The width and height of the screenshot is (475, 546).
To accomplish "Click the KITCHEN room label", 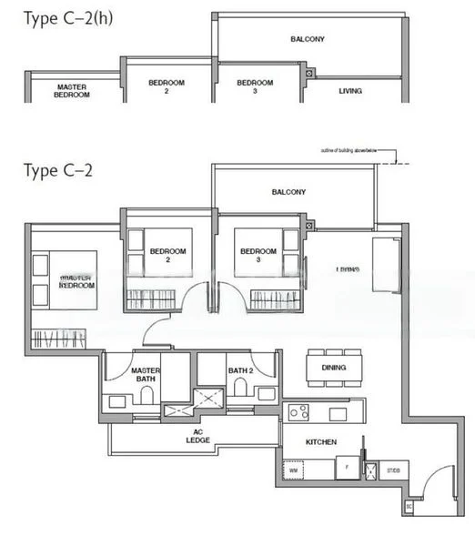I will tap(321, 442).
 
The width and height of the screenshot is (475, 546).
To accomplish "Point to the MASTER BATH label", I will tap(146, 376).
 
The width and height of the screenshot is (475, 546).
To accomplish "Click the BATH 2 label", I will tap(239, 371).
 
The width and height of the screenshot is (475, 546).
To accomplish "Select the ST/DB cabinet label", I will tap(393, 470).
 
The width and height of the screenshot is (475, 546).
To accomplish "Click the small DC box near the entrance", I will tap(409, 505).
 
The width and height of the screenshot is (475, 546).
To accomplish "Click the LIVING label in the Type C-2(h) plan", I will tap(350, 91).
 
